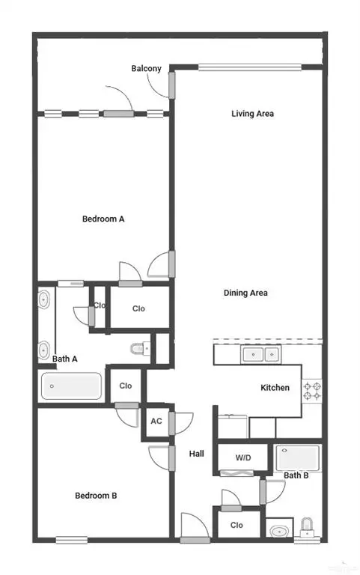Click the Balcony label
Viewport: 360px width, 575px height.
[x=146, y=69]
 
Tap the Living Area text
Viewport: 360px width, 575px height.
[x=252, y=114]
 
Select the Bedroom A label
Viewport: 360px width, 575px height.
[x=103, y=219]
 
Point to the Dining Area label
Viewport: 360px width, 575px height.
[x=245, y=293]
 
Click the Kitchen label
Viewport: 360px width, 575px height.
[x=275, y=388]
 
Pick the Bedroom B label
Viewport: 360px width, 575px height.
[x=96, y=495]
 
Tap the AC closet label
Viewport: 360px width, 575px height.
[x=156, y=422]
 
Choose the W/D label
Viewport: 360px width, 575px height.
[x=243, y=457]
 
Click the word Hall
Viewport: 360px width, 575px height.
[x=197, y=454]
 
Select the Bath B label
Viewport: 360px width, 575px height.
[x=296, y=475]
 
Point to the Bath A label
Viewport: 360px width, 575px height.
[x=65, y=359]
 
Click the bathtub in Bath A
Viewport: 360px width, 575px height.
[x=72, y=386]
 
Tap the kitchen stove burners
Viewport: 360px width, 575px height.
[x=312, y=390]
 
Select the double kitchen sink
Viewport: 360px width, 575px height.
[x=261, y=353]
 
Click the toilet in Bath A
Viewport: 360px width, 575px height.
[x=140, y=348]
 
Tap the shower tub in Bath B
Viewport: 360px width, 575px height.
[x=298, y=457]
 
